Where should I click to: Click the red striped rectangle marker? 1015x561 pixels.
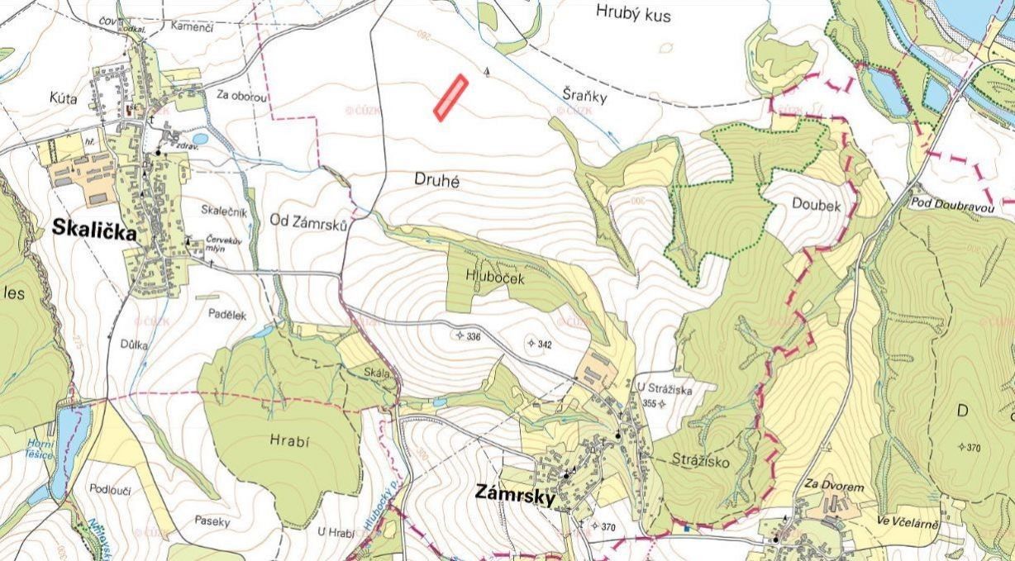click(x=451, y=97)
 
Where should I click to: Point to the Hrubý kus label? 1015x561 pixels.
click(x=633, y=14)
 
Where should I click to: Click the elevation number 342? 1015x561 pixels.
click(x=544, y=344)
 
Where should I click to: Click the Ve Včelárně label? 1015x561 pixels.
click(x=909, y=521)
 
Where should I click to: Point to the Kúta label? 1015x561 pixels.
click(x=63, y=98)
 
